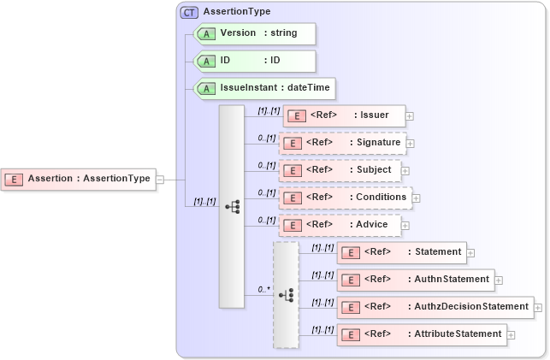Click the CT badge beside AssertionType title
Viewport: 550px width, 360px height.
(189, 12)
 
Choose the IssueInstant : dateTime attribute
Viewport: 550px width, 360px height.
(264, 88)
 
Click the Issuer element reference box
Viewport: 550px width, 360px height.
(343, 115)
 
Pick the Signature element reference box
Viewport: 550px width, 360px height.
(341, 143)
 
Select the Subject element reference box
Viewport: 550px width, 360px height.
(340, 170)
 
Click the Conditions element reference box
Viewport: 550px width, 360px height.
(345, 198)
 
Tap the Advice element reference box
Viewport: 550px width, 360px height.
(340, 225)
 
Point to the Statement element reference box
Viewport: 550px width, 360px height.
(401, 252)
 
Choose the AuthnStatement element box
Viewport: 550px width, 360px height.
(415, 280)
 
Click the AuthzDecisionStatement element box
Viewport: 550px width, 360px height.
(435, 307)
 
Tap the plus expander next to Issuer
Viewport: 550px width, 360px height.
(411, 115)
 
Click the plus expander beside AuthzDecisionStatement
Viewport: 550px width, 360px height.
(539, 307)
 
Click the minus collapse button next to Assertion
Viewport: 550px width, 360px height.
(160, 179)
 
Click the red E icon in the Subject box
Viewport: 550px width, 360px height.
(292, 170)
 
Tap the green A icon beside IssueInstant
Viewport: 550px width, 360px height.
(208, 88)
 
